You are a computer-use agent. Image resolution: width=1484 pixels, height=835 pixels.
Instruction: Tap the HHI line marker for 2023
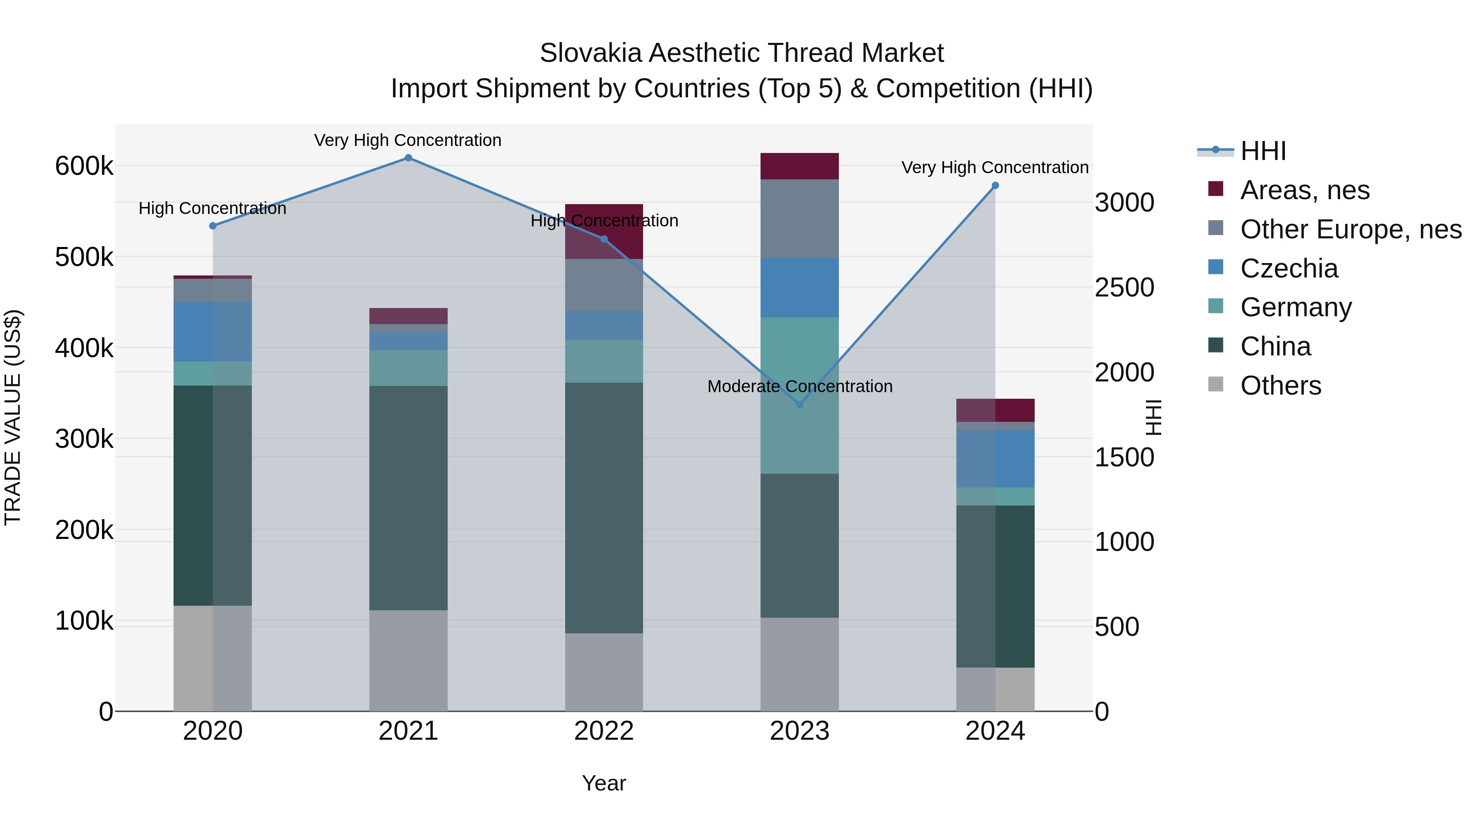(x=800, y=405)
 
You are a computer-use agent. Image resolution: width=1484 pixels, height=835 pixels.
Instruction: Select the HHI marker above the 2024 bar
(x=995, y=186)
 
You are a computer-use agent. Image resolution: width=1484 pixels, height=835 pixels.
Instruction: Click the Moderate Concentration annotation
(x=800, y=386)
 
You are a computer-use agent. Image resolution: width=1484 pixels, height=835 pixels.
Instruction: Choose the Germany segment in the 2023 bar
(x=800, y=395)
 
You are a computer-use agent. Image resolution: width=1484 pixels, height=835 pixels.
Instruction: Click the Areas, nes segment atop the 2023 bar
(x=800, y=166)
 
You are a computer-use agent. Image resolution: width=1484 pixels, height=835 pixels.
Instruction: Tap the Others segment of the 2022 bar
(x=604, y=672)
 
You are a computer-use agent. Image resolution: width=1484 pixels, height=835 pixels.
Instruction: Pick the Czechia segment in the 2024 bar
(x=995, y=459)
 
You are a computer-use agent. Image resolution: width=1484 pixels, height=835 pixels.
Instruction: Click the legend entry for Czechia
(x=1289, y=268)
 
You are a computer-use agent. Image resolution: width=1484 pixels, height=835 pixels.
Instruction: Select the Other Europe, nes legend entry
(x=1350, y=229)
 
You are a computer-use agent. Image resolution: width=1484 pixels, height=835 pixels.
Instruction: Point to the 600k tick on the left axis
(x=84, y=167)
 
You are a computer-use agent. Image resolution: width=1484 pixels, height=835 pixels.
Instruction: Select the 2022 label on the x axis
(x=604, y=731)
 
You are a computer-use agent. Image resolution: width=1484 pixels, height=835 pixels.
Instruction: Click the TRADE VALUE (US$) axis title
(x=13, y=417)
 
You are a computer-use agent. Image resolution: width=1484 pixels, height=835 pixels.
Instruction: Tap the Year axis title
(x=604, y=783)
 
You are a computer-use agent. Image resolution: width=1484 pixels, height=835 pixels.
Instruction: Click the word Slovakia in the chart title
(x=590, y=53)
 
